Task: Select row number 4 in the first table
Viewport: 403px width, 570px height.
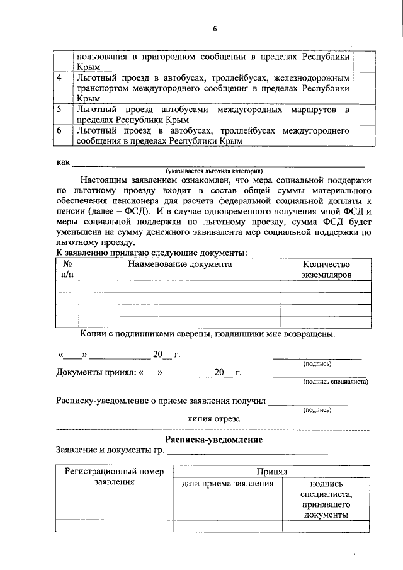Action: tap(60, 78)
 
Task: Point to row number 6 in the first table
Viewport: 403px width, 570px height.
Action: tap(60, 131)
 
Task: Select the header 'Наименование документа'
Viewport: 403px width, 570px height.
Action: tap(180, 265)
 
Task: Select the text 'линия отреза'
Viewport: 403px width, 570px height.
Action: tap(213, 418)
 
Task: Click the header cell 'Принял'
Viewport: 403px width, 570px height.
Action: tap(271, 471)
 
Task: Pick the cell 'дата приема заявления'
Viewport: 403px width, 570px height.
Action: tap(227, 484)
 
